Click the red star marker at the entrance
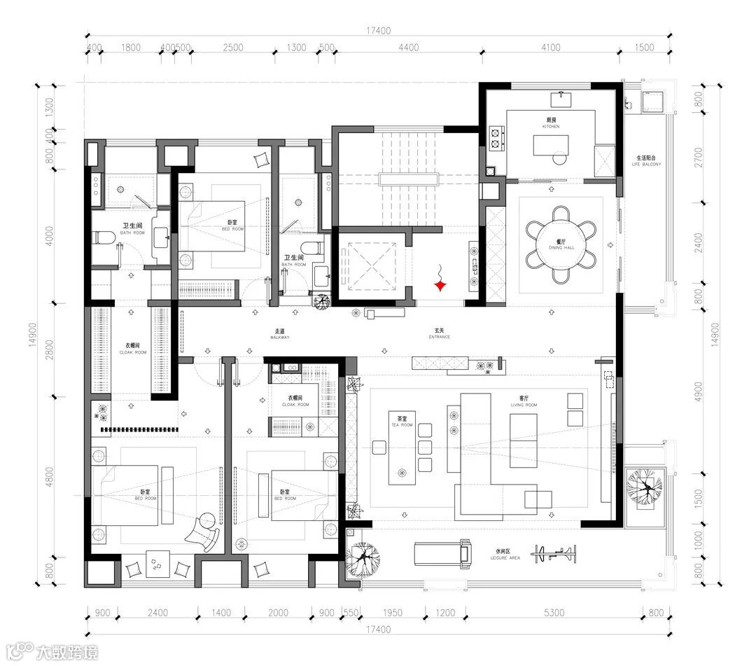pos(440,285)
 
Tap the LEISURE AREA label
pos(507,555)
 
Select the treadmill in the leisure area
pos(441,554)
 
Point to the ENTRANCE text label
pos(440,334)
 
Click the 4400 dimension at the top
pos(408,48)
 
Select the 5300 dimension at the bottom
pos(553,613)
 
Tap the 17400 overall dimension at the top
pos(378,30)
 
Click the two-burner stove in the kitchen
pos(497,138)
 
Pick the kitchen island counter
pos(552,146)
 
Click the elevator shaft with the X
pos(367,267)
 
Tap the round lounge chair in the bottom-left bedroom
pos(206,522)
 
